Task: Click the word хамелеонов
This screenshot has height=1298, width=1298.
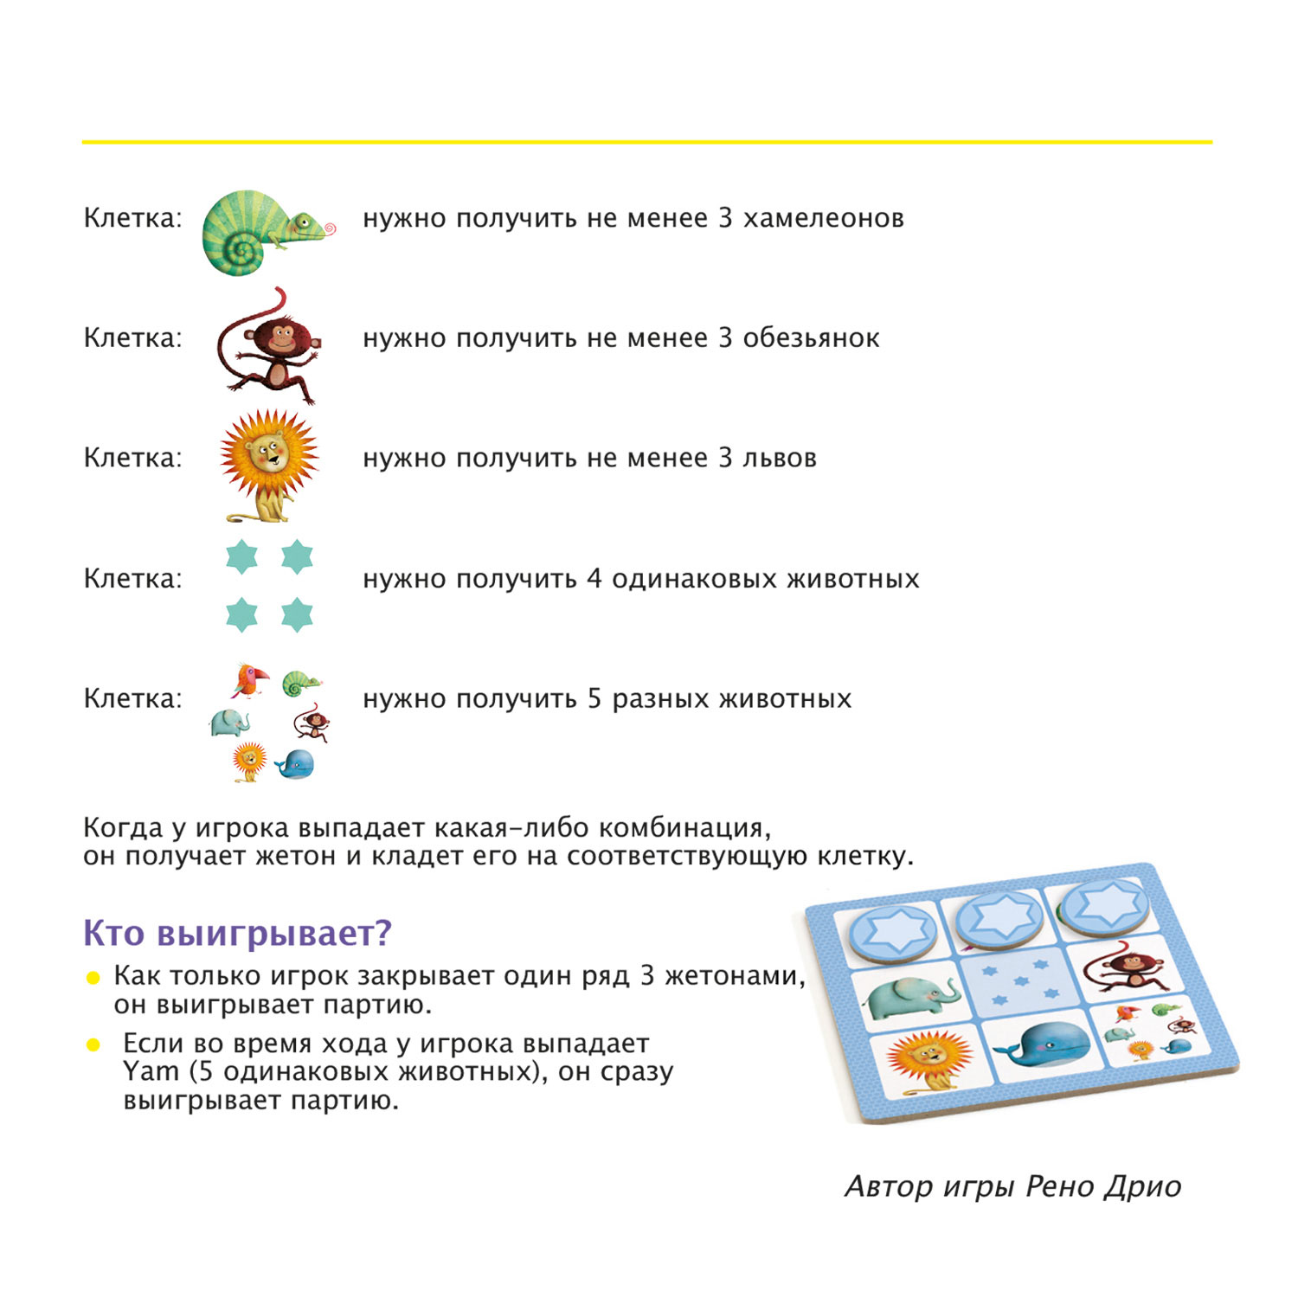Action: (824, 218)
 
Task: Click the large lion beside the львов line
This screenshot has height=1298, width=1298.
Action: (269, 466)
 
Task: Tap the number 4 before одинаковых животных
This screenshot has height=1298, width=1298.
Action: (594, 578)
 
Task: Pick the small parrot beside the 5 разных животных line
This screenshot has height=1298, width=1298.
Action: (248, 679)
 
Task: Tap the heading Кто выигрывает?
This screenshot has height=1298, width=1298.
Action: (237, 933)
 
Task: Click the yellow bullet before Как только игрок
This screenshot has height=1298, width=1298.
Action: (93, 978)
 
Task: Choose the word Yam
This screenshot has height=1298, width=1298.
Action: (150, 1072)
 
